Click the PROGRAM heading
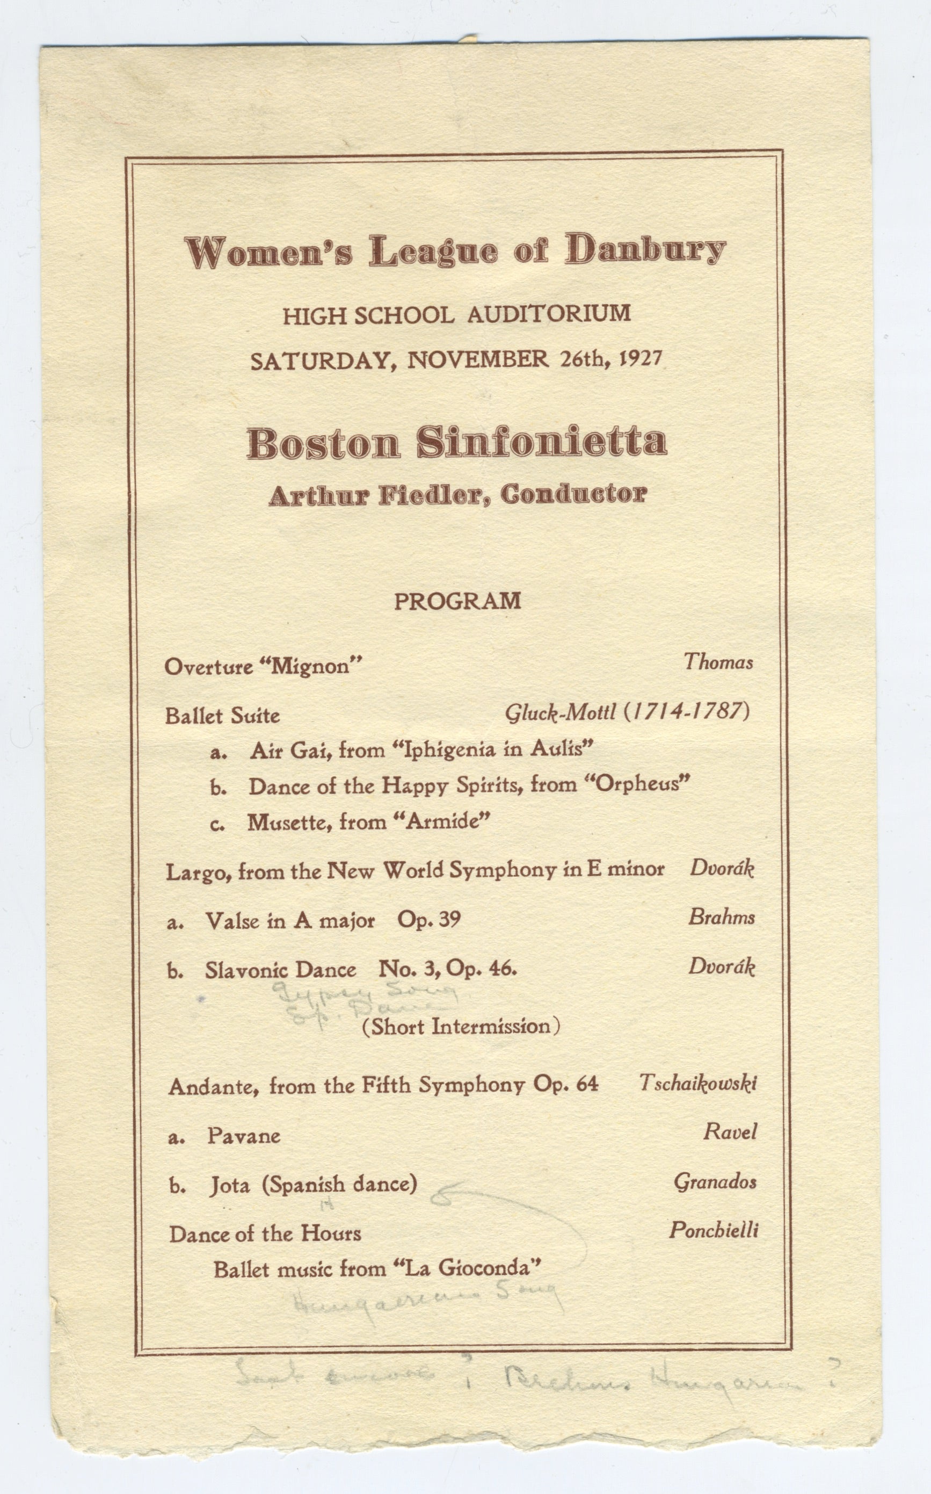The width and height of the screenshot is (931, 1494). click(457, 601)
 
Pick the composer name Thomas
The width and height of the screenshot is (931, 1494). click(718, 662)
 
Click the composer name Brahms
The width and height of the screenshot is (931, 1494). click(721, 918)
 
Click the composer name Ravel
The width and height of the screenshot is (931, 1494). click(730, 1131)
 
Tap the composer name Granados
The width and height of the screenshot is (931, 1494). click(715, 1181)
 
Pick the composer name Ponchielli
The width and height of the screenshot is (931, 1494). click(714, 1230)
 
